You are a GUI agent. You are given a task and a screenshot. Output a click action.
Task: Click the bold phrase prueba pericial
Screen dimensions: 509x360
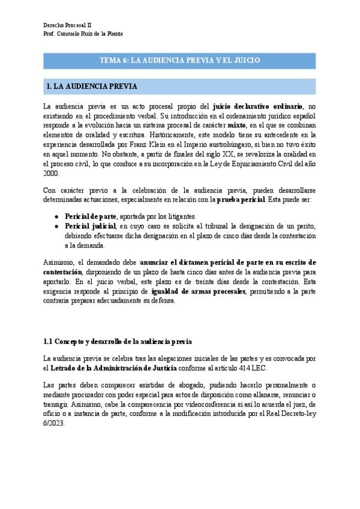click(241, 199)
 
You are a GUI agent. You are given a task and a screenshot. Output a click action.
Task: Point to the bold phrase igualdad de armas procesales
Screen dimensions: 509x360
click(199, 291)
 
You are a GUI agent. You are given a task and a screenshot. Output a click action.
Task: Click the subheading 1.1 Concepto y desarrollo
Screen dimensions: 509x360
click(118, 342)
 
